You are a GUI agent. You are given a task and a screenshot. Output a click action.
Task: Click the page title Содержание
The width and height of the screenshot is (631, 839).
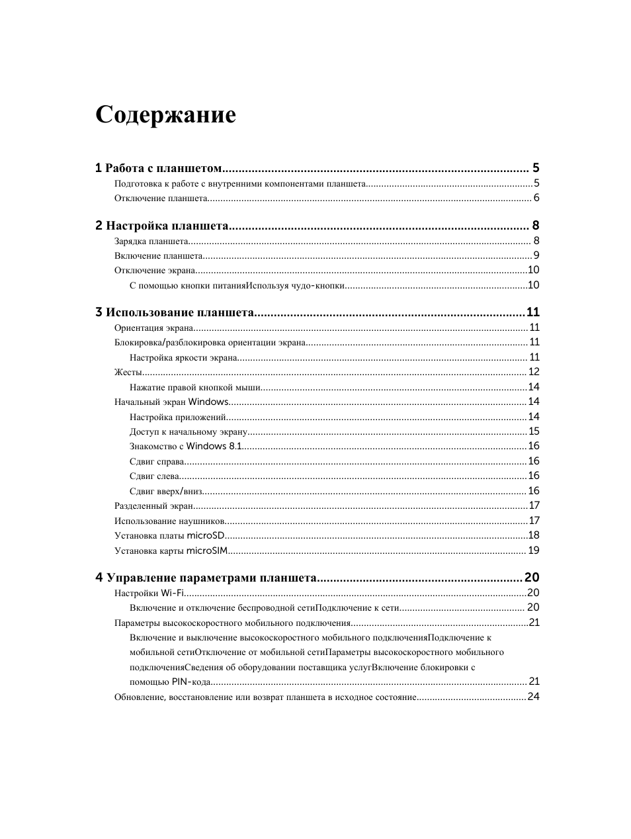point(165,114)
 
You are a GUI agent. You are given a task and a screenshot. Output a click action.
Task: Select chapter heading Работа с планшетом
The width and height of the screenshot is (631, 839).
point(163,168)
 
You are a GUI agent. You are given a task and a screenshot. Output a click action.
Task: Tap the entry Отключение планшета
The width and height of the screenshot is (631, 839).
point(161,199)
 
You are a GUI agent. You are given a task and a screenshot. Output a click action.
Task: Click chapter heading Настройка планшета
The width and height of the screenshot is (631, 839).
point(167,226)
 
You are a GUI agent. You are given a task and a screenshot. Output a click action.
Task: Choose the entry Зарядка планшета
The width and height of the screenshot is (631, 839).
point(151,242)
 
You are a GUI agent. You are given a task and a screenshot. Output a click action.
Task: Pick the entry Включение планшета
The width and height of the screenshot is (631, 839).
point(158,256)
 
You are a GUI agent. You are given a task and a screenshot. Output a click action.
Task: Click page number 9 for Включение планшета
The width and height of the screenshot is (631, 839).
point(536,256)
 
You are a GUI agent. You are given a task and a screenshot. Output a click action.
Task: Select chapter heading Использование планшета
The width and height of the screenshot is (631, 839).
point(179,312)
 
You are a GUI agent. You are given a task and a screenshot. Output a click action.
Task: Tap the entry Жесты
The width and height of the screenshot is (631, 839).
point(124,373)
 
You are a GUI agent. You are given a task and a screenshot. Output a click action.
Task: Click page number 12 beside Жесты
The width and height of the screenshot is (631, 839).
point(534,372)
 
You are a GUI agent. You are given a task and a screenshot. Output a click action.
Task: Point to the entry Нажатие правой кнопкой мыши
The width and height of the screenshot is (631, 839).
point(195,388)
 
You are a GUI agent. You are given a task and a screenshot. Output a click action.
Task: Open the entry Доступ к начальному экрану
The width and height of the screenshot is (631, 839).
point(188,432)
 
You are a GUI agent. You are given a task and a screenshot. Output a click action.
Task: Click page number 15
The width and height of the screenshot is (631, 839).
point(534,431)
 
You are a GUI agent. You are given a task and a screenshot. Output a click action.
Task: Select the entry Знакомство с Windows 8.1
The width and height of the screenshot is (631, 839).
point(186,447)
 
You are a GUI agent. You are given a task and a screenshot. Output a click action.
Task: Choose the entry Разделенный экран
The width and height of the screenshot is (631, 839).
point(153,506)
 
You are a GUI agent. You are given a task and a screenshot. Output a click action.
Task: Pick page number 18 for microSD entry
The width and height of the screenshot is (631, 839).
point(534,535)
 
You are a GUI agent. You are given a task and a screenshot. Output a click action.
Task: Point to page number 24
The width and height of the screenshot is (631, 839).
point(533,697)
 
